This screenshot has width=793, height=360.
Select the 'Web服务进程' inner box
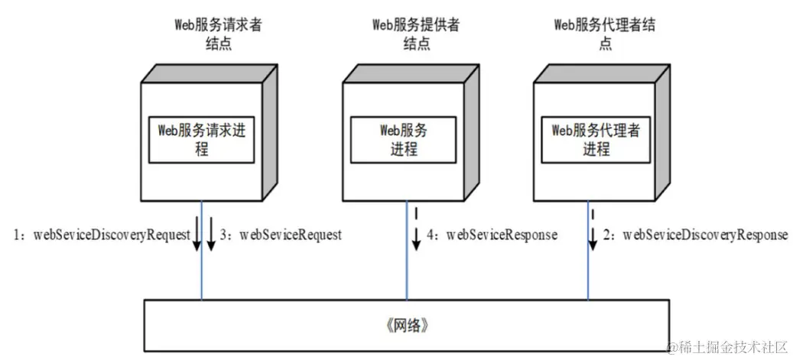(x=403, y=138)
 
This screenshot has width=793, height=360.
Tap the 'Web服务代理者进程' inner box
(x=596, y=138)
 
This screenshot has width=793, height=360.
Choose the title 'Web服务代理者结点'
(x=605, y=34)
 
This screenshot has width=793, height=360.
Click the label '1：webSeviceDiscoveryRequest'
(x=101, y=235)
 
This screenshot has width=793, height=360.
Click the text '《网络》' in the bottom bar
(x=401, y=326)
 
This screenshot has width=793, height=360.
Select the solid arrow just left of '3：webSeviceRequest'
(x=211, y=234)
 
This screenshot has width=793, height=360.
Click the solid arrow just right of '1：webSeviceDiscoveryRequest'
(x=196, y=234)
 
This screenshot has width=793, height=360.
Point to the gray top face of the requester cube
(x=210, y=73)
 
